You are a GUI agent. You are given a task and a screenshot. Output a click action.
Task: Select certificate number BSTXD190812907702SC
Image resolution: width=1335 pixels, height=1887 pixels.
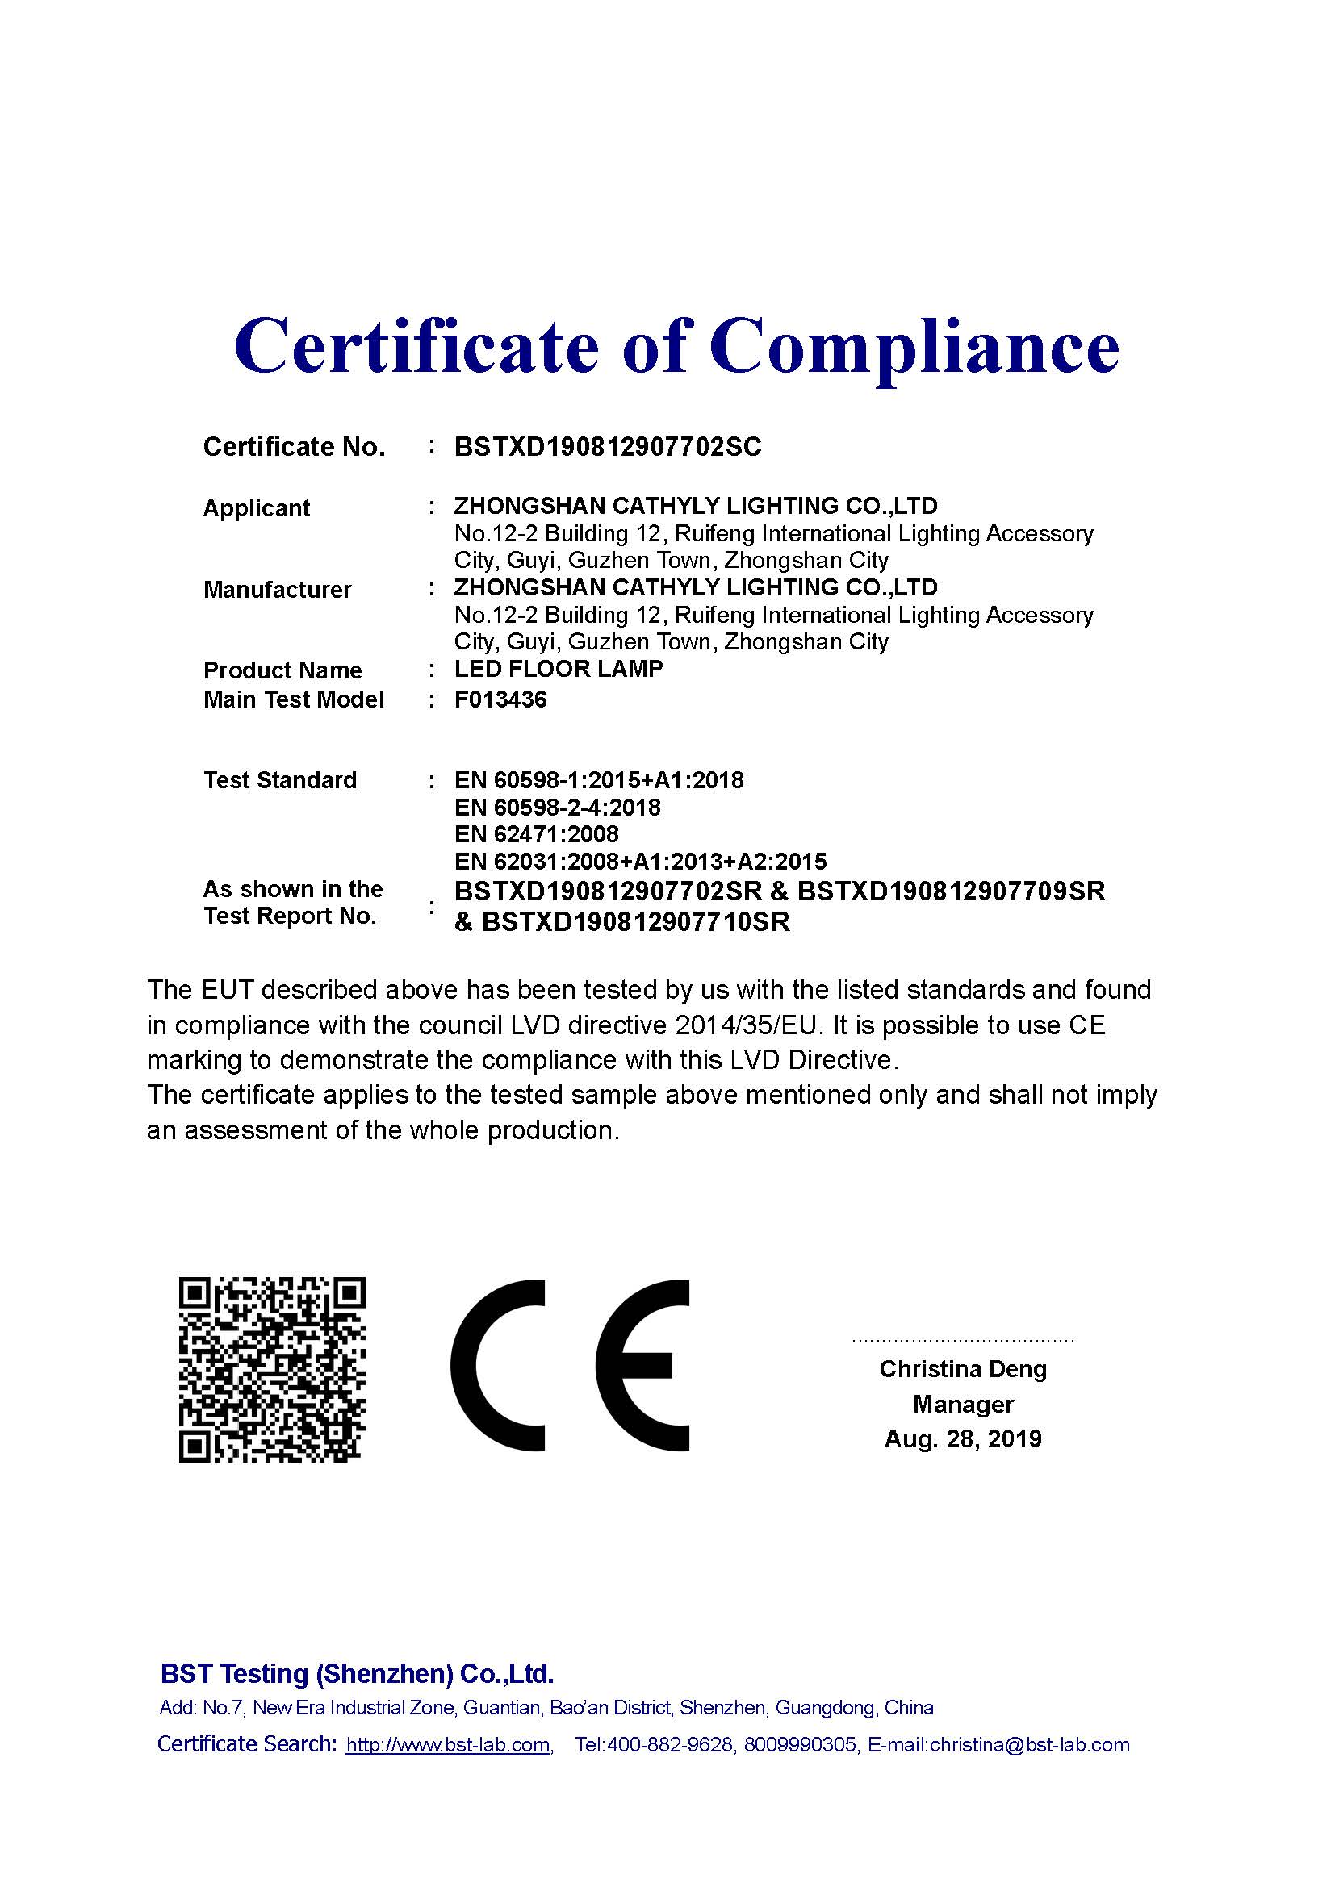coord(608,447)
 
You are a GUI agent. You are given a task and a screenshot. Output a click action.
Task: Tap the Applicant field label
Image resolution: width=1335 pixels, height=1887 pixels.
coord(257,509)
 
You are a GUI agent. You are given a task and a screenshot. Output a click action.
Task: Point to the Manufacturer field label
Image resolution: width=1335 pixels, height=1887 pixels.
coord(277,590)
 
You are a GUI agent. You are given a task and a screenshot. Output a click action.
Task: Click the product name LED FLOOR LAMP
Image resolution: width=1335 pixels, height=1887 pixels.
coord(559,669)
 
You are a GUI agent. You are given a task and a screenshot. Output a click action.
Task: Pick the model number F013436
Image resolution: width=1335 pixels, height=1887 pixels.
coord(500,699)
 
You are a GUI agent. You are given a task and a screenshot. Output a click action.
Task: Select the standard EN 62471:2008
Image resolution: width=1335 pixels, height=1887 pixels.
coord(536,835)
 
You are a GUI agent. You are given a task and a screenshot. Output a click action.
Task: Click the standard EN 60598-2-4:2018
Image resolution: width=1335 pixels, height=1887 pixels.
coord(558,808)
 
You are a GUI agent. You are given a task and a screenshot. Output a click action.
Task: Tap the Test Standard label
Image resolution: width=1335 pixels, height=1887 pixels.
coord(280,780)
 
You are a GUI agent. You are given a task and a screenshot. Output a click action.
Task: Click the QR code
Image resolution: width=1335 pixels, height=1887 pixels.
coord(272,1370)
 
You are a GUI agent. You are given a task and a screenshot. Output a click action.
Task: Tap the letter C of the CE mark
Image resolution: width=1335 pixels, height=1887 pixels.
coord(497,1366)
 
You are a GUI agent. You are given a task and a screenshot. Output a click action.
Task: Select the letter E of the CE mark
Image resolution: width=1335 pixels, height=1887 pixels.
coord(641,1366)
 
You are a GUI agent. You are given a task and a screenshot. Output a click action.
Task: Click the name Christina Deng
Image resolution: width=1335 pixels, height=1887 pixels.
coord(963,1369)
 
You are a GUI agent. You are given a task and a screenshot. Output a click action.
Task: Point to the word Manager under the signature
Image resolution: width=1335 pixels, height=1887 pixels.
coord(963,1405)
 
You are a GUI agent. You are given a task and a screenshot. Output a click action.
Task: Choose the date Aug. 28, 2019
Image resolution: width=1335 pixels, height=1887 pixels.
coord(963,1439)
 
